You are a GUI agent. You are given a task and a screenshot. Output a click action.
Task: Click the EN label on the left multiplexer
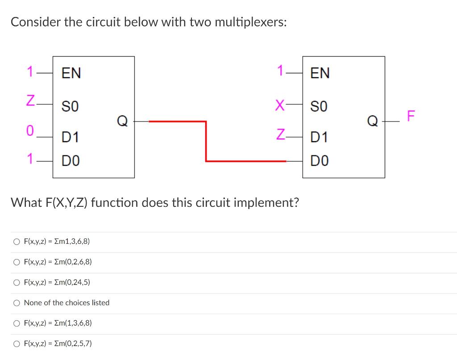pyautogui.click(x=71, y=73)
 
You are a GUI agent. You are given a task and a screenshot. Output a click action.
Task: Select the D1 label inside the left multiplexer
pyautogui.click(x=70, y=138)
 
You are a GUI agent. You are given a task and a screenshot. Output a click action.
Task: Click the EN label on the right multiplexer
pyautogui.click(x=320, y=73)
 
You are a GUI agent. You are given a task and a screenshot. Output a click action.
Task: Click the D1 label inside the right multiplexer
pyautogui.click(x=320, y=138)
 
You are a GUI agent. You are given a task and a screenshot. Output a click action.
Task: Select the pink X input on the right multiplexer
pyautogui.click(x=280, y=106)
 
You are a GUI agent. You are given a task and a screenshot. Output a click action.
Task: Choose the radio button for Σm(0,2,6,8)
pyautogui.click(x=17, y=262)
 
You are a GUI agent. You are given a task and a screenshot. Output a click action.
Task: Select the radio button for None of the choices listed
pyautogui.click(x=17, y=303)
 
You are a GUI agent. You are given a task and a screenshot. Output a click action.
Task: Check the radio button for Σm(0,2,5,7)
pyautogui.click(x=17, y=343)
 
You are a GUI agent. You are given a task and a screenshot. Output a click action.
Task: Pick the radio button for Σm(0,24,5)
pyautogui.click(x=17, y=282)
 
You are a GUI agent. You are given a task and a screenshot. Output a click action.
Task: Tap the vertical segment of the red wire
pyautogui.click(x=206, y=141)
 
